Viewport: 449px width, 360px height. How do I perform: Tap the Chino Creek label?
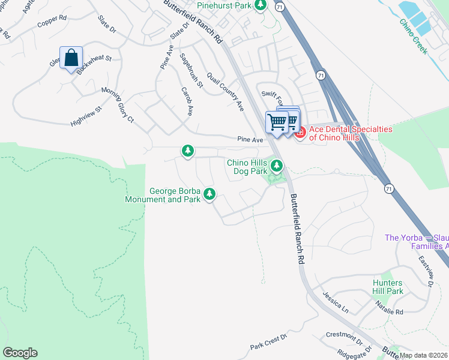414,36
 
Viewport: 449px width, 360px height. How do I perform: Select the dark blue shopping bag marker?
71,59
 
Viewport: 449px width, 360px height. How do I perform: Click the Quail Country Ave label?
225,91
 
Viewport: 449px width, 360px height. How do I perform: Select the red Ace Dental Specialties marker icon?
299,131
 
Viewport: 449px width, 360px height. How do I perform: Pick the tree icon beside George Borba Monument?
209,193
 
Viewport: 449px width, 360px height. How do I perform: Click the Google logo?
20,353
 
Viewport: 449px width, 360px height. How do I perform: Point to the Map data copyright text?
424,355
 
